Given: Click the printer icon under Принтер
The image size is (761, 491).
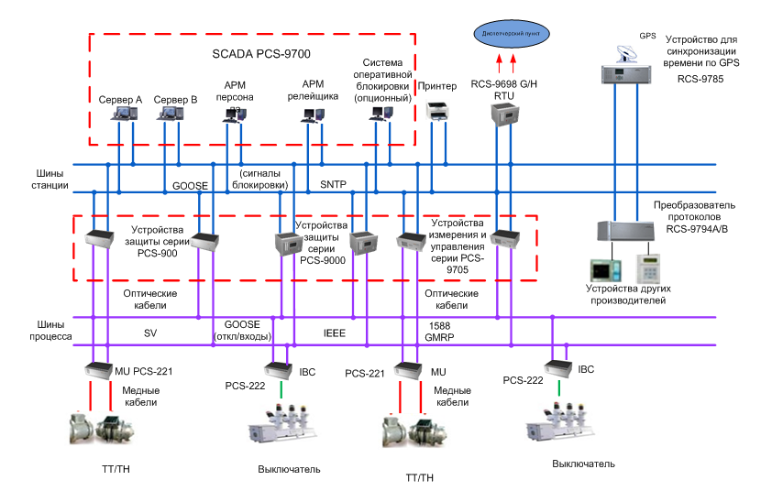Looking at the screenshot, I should tap(437, 113).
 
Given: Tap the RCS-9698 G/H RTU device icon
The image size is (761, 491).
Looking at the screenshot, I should tap(503, 113).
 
